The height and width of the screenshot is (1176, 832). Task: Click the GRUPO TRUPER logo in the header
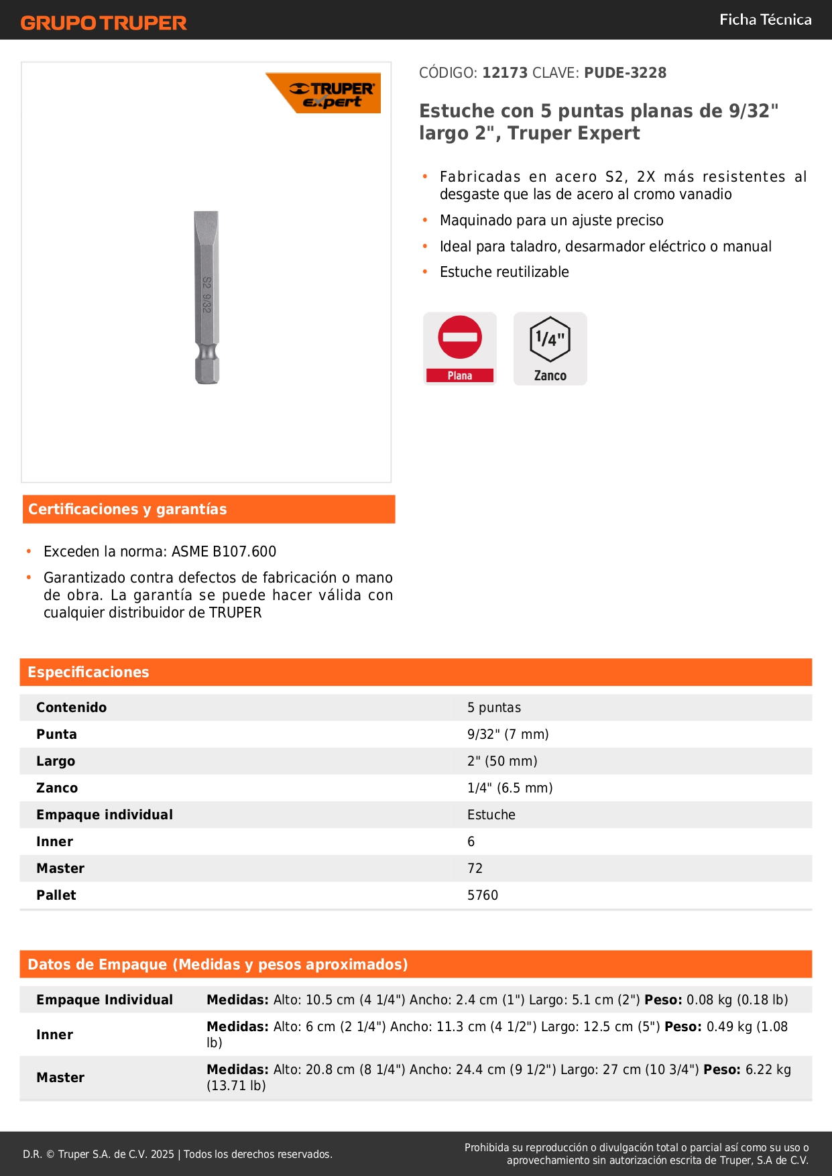tap(103, 23)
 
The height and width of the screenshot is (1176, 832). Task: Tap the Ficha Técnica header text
tap(765, 20)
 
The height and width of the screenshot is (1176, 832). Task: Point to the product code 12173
tap(505, 73)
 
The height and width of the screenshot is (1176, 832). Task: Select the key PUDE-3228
tap(625, 73)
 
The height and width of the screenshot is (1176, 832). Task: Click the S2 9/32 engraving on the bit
tap(207, 295)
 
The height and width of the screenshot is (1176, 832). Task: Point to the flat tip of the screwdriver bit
tap(206, 218)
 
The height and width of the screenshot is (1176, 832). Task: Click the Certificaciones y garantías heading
tap(127, 510)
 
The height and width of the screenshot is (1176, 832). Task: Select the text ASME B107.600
tap(224, 552)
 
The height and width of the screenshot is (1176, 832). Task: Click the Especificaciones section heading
tap(88, 672)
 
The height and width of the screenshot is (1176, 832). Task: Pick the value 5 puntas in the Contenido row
tap(494, 708)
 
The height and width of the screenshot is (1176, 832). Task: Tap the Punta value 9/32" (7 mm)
tap(508, 735)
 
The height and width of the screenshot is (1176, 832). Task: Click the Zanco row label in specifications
tap(57, 788)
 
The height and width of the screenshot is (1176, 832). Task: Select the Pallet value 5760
tap(483, 896)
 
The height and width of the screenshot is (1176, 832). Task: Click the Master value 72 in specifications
tap(475, 869)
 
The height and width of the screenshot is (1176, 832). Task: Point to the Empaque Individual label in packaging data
tap(105, 1000)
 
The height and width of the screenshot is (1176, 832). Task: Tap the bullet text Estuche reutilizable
tap(504, 272)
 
